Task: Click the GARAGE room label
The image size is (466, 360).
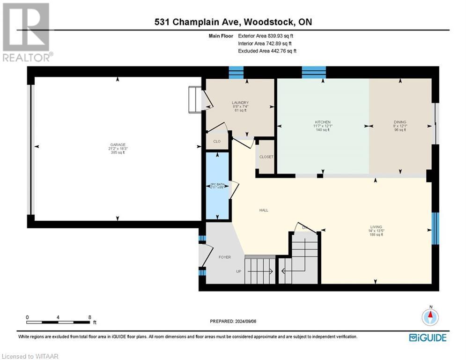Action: coord(117,144)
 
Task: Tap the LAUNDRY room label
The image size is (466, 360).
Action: coord(240,103)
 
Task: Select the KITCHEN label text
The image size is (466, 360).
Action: coord(323,122)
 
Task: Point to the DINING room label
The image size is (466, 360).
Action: coord(399,122)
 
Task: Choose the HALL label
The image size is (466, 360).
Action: coord(264,210)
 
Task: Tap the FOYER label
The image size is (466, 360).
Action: coord(225,257)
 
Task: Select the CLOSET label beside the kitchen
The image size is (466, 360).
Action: coord(266,157)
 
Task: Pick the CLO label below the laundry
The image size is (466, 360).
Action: coord(217,141)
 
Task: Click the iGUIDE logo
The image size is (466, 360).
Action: coord(427,337)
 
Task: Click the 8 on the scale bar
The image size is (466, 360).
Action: coord(89,317)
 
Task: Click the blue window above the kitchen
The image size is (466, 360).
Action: coord(313,72)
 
